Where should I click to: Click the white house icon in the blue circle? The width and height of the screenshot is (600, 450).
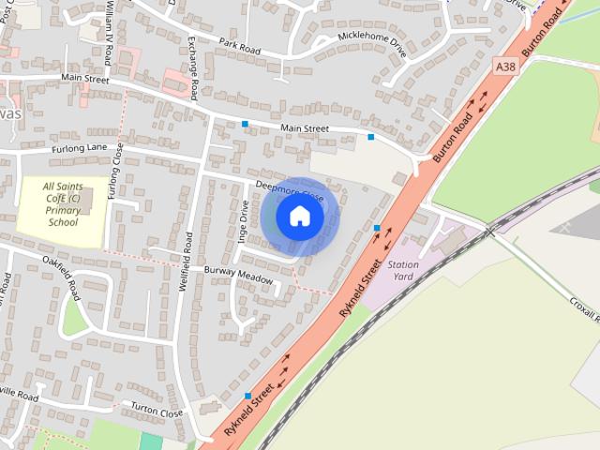point(299,217)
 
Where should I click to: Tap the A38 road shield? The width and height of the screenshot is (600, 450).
point(506,66)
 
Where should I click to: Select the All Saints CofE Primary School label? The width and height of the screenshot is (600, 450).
point(62,204)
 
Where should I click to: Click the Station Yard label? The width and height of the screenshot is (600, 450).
point(402,271)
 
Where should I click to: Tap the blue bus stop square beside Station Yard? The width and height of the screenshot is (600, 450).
point(377,228)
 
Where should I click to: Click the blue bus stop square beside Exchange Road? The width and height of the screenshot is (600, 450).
point(246,124)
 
